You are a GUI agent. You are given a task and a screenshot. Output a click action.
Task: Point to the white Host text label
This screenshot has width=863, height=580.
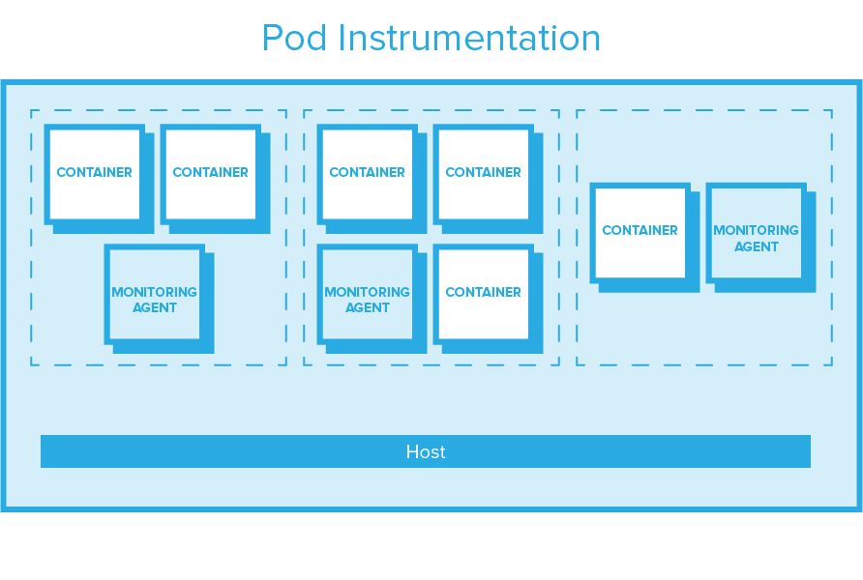(426, 451)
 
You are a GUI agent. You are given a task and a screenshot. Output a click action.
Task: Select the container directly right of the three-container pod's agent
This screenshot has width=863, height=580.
(483, 294)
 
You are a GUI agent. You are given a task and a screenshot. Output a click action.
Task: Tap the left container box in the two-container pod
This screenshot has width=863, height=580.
(94, 174)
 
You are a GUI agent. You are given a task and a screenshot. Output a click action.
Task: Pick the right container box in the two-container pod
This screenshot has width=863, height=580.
(210, 174)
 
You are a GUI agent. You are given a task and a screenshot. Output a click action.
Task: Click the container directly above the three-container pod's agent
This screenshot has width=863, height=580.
(367, 174)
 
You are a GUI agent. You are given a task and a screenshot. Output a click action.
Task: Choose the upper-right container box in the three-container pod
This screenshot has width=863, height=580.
(483, 174)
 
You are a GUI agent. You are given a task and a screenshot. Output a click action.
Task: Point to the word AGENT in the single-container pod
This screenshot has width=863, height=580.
(756, 246)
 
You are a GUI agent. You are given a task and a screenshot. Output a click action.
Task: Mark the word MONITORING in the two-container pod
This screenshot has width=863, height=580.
(155, 292)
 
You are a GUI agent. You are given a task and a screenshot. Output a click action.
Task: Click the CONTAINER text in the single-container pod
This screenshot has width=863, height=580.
(640, 231)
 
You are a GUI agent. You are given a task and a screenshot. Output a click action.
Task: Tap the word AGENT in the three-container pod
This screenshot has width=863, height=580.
(368, 308)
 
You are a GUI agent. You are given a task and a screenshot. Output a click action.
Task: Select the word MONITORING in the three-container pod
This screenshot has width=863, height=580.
(368, 292)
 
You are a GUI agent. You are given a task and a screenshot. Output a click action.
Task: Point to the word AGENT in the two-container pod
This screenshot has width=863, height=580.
(155, 308)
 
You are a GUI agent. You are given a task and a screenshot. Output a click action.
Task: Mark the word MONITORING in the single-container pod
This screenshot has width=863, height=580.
(756, 230)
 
